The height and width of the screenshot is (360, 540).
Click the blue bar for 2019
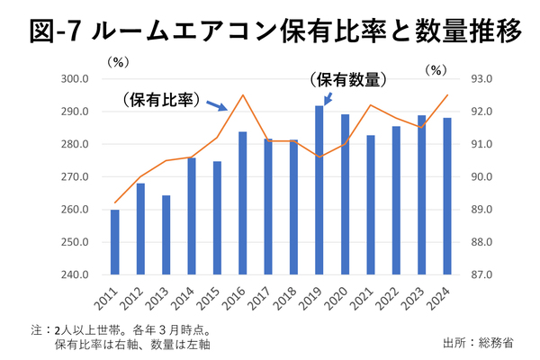click(319, 190)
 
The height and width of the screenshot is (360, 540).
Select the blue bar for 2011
click(115, 242)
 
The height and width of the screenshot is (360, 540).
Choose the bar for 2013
click(166, 235)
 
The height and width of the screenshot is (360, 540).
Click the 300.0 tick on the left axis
click(75, 79)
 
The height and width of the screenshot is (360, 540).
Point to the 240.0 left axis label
click(75, 274)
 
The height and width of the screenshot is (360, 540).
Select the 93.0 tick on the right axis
click(482, 79)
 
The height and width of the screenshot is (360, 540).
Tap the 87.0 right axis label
click(482, 274)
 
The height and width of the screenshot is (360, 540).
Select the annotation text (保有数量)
click(347, 78)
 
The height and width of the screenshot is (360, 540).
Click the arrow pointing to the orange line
click(216, 106)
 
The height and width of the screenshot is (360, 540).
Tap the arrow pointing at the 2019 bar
click(327, 96)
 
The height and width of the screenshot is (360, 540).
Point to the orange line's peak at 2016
click(243, 95)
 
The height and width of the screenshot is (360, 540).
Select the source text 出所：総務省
click(478, 343)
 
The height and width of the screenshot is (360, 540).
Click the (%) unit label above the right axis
click(437, 68)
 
